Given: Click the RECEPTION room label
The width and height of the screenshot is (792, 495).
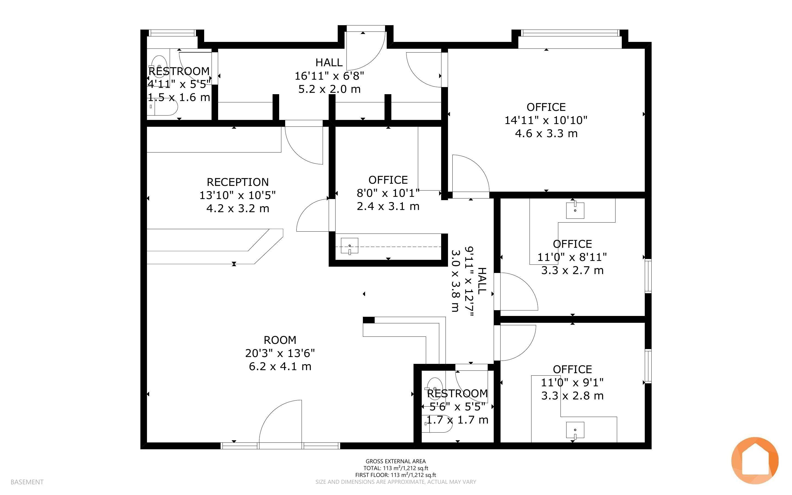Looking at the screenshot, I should pos(238,182).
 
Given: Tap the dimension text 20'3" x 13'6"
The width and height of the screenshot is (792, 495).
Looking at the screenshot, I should pos(280,353).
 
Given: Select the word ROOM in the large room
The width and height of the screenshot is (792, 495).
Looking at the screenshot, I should pos(280,340).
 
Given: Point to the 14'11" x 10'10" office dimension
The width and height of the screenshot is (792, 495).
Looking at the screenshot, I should pos(546,120).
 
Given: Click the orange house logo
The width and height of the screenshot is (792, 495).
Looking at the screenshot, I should pos(755,461).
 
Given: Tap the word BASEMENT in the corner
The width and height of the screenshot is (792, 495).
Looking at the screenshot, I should pos(27,482).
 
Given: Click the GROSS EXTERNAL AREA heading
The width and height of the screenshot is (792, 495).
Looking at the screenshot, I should pos(395,461).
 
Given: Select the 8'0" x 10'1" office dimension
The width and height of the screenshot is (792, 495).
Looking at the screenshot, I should pos(388,193).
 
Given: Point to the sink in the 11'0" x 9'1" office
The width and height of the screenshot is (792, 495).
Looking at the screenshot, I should pos(575,430).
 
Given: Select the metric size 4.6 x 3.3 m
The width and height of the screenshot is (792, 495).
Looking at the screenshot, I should pos(546,134).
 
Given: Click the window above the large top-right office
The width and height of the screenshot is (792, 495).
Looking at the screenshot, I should pos(570,33).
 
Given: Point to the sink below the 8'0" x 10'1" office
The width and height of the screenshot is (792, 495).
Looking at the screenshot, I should pos(349,246).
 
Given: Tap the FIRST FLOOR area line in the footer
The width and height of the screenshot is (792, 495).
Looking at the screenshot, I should pos(395,475).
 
